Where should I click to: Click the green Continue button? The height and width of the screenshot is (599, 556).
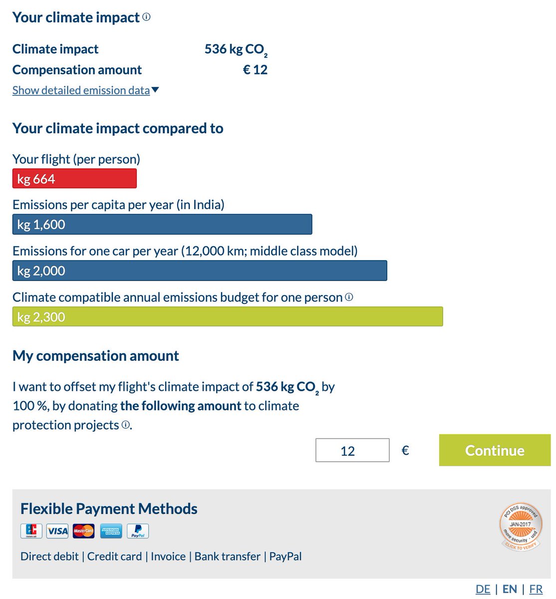point(495,450)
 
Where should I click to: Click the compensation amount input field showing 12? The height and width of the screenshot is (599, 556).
point(352,450)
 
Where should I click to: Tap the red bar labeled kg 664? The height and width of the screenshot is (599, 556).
point(74,179)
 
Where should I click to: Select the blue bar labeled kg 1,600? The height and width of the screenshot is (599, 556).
point(162,225)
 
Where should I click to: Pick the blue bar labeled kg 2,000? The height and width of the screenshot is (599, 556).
point(200,271)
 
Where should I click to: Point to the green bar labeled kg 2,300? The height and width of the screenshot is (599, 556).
point(228,316)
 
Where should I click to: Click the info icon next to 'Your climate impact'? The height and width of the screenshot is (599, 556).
point(146,17)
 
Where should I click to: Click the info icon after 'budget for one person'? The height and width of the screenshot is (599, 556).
point(349,297)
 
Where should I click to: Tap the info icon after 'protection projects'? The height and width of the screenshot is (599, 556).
point(126,425)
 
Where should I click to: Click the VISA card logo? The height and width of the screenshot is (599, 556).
point(57,531)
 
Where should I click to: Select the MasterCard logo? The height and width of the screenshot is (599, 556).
point(83,531)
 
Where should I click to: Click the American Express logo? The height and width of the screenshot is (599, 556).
point(111,531)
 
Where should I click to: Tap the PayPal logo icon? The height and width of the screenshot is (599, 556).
point(138,531)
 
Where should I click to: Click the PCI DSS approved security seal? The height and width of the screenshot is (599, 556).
point(521,527)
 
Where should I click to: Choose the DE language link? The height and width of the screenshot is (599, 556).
point(483,589)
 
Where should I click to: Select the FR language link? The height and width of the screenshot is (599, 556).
point(536,589)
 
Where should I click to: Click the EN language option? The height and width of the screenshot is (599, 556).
point(510,589)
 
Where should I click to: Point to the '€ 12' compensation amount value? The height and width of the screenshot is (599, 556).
point(255,70)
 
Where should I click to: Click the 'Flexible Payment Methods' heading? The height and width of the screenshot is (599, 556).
point(109,509)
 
